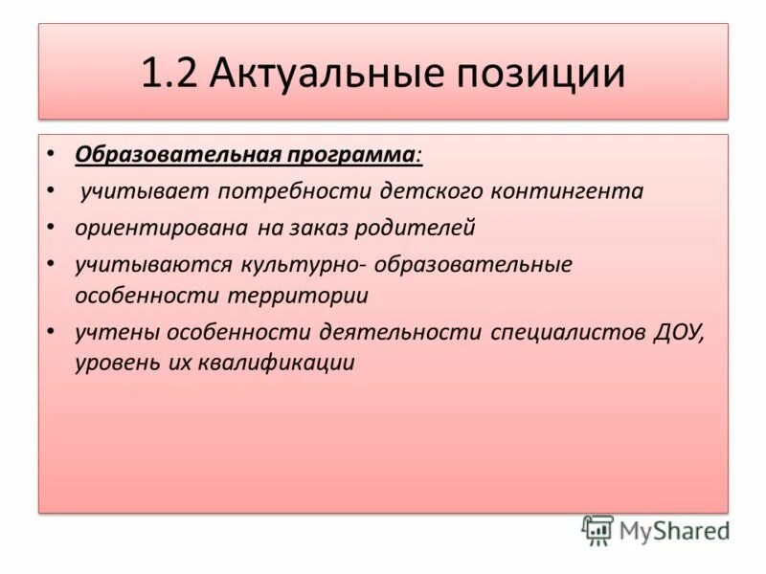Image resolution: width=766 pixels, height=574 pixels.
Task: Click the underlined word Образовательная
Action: click(176, 154)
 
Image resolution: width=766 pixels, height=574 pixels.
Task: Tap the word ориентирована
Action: click(162, 229)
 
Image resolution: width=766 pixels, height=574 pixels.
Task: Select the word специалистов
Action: click(570, 332)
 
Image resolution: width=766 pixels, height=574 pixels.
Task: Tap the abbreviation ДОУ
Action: click(679, 332)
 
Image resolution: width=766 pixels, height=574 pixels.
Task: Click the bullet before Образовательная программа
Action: click(51, 155)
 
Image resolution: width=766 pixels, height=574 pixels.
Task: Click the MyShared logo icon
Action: click(597, 530)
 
